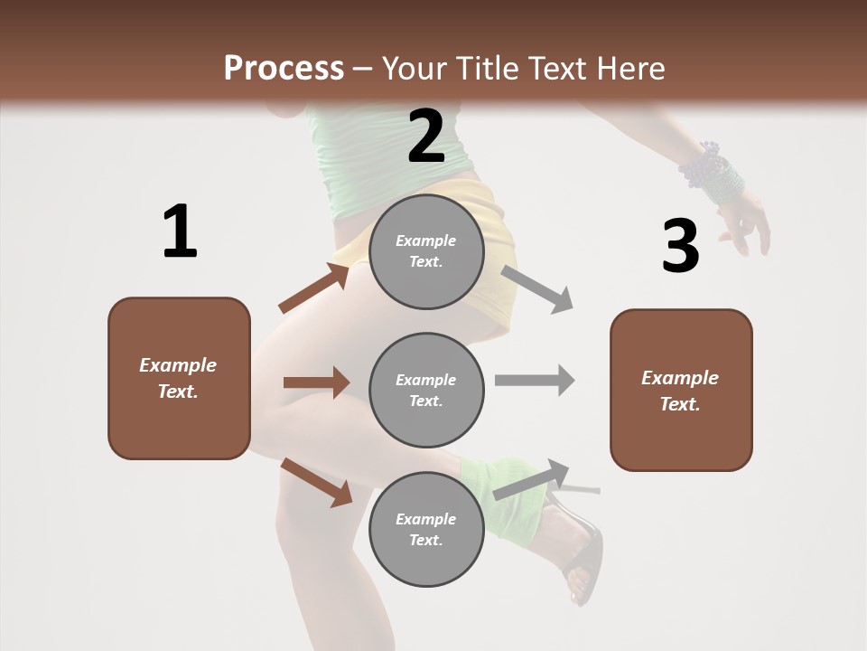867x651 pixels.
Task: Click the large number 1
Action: [x=180, y=231]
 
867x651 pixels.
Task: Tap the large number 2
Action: [x=426, y=137]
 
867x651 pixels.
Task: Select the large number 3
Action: [x=680, y=246]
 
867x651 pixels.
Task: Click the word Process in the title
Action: [x=284, y=68]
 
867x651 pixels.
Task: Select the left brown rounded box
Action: [x=179, y=378]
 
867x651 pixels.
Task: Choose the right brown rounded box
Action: [x=681, y=390]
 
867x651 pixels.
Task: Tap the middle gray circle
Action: [x=426, y=390]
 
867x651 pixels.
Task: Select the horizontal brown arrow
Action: [x=316, y=382]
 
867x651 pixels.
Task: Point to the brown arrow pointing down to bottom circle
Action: [x=317, y=483]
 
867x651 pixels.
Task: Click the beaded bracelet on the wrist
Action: [x=713, y=173]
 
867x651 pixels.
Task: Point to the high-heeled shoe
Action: [x=583, y=552]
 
